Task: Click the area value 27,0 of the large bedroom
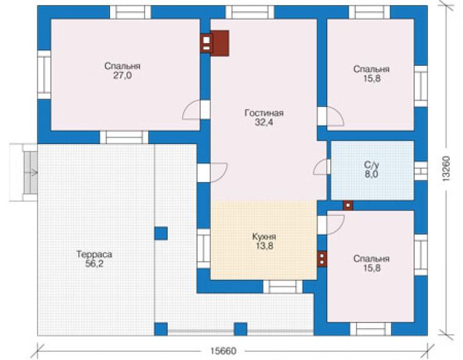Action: tap(122, 76)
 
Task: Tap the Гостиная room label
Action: tap(264, 113)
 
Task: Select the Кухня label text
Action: tap(264, 237)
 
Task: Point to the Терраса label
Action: tap(94, 254)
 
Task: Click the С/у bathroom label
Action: tap(371, 165)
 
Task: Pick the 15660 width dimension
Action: tap(223, 351)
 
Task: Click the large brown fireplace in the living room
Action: tap(220, 43)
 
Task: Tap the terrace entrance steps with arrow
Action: tap(31, 172)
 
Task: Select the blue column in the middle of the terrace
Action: tap(161, 233)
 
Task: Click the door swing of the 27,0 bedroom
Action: tap(191, 110)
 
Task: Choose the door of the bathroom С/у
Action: tap(320, 167)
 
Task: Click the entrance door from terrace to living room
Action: tap(218, 172)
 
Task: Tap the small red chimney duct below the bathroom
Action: tap(348, 205)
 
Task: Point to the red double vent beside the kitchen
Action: tap(322, 259)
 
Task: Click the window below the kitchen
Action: tap(283, 286)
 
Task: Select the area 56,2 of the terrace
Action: tap(94, 264)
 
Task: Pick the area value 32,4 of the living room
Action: tap(264, 122)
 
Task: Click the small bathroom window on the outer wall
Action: tap(421, 171)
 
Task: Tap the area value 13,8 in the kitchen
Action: tap(264, 246)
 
